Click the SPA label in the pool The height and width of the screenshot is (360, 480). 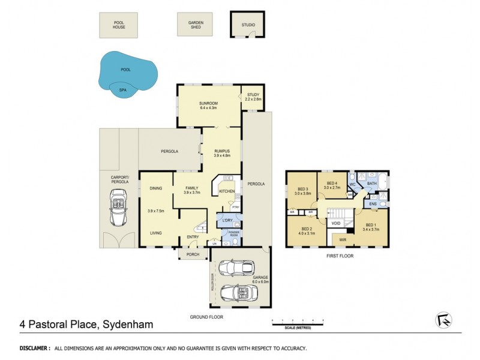click(x=122, y=90)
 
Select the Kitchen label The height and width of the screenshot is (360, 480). click(x=226, y=191)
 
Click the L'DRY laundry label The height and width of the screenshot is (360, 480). click(x=227, y=221)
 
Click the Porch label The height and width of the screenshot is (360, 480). click(x=193, y=254)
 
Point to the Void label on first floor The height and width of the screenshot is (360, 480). click(x=336, y=223)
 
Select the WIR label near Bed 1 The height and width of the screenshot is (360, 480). click(x=342, y=239)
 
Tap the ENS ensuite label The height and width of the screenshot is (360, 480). click(x=373, y=204)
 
